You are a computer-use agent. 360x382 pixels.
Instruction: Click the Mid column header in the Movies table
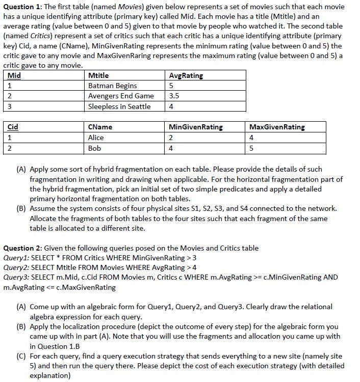[x=15, y=75]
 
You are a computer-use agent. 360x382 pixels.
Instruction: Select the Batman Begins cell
[x=112, y=86]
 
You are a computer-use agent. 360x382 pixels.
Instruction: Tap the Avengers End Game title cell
[x=121, y=96]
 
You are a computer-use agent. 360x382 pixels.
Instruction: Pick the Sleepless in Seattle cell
[x=119, y=106]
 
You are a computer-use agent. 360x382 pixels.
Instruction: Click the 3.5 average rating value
[x=174, y=96]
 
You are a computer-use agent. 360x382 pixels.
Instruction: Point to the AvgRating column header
[x=186, y=75]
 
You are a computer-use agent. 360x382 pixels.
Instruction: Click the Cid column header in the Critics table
[x=13, y=127]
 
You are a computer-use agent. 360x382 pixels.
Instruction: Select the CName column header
[x=100, y=127]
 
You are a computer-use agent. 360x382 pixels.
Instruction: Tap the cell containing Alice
[x=96, y=138]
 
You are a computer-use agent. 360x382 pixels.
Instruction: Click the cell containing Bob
[x=94, y=148]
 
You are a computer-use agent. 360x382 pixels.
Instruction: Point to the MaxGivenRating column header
[x=277, y=127]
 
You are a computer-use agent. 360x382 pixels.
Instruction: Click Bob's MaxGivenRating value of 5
[x=252, y=148]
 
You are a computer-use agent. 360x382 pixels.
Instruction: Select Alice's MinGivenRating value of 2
[x=171, y=138]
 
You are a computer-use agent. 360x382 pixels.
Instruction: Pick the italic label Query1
[x=16, y=258]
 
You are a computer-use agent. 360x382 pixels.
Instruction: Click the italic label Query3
[x=16, y=277]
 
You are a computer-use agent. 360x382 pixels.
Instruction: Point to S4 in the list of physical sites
[x=288, y=208]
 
